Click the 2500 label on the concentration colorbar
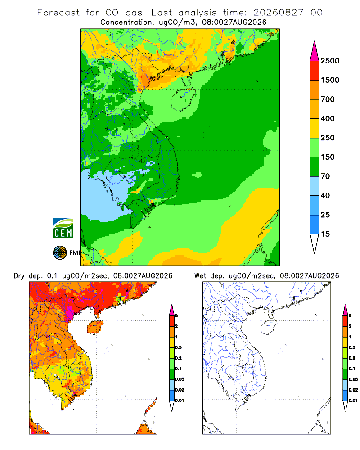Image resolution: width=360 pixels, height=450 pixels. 330,61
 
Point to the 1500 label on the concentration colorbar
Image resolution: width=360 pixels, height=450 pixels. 330,80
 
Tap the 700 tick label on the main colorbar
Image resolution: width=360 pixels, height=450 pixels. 328,99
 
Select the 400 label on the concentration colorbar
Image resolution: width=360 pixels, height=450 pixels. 328,118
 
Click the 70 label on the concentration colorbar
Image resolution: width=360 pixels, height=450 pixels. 325,176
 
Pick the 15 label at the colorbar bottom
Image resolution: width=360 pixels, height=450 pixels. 325,234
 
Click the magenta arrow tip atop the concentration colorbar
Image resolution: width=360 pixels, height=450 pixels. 315,51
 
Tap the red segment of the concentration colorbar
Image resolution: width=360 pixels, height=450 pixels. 315,71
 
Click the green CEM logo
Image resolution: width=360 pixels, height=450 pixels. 63,229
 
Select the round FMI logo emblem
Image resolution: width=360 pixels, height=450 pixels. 60,253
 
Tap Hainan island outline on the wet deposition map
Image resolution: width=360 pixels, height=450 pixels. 269,327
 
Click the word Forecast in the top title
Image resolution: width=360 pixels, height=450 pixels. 58,13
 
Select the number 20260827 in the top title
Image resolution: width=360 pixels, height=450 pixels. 278,13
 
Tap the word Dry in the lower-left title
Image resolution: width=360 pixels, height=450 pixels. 19,276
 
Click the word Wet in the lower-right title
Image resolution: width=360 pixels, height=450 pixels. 200,276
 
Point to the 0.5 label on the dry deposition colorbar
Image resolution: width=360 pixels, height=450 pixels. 178,347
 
